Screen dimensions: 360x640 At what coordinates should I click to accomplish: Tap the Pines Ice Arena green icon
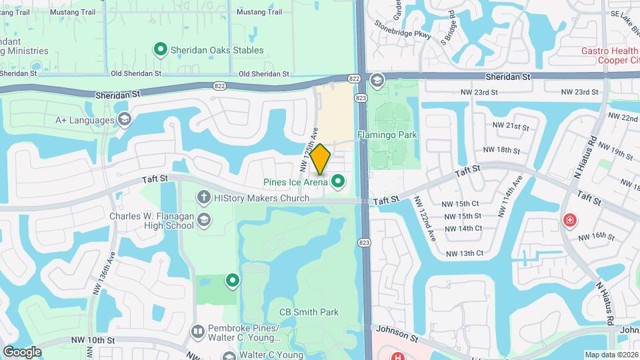click(x=339, y=181)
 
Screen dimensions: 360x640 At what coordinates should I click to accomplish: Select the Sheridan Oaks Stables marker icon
click(x=160, y=49)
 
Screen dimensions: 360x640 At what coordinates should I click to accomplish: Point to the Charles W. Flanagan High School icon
click(x=203, y=220)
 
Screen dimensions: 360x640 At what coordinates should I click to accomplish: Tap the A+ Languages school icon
click(x=124, y=119)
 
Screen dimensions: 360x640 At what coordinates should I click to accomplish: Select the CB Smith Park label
click(x=309, y=312)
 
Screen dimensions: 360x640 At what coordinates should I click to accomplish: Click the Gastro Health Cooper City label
click(x=609, y=55)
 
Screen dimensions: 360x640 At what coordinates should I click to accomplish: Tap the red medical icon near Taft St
click(x=569, y=220)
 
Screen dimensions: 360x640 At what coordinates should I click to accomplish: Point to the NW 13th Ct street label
click(x=464, y=253)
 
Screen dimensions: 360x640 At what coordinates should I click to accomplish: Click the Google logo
click(x=22, y=351)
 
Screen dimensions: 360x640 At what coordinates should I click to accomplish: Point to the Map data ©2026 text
click(x=611, y=355)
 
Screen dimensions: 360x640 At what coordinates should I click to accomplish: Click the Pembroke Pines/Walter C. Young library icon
click(x=197, y=331)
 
